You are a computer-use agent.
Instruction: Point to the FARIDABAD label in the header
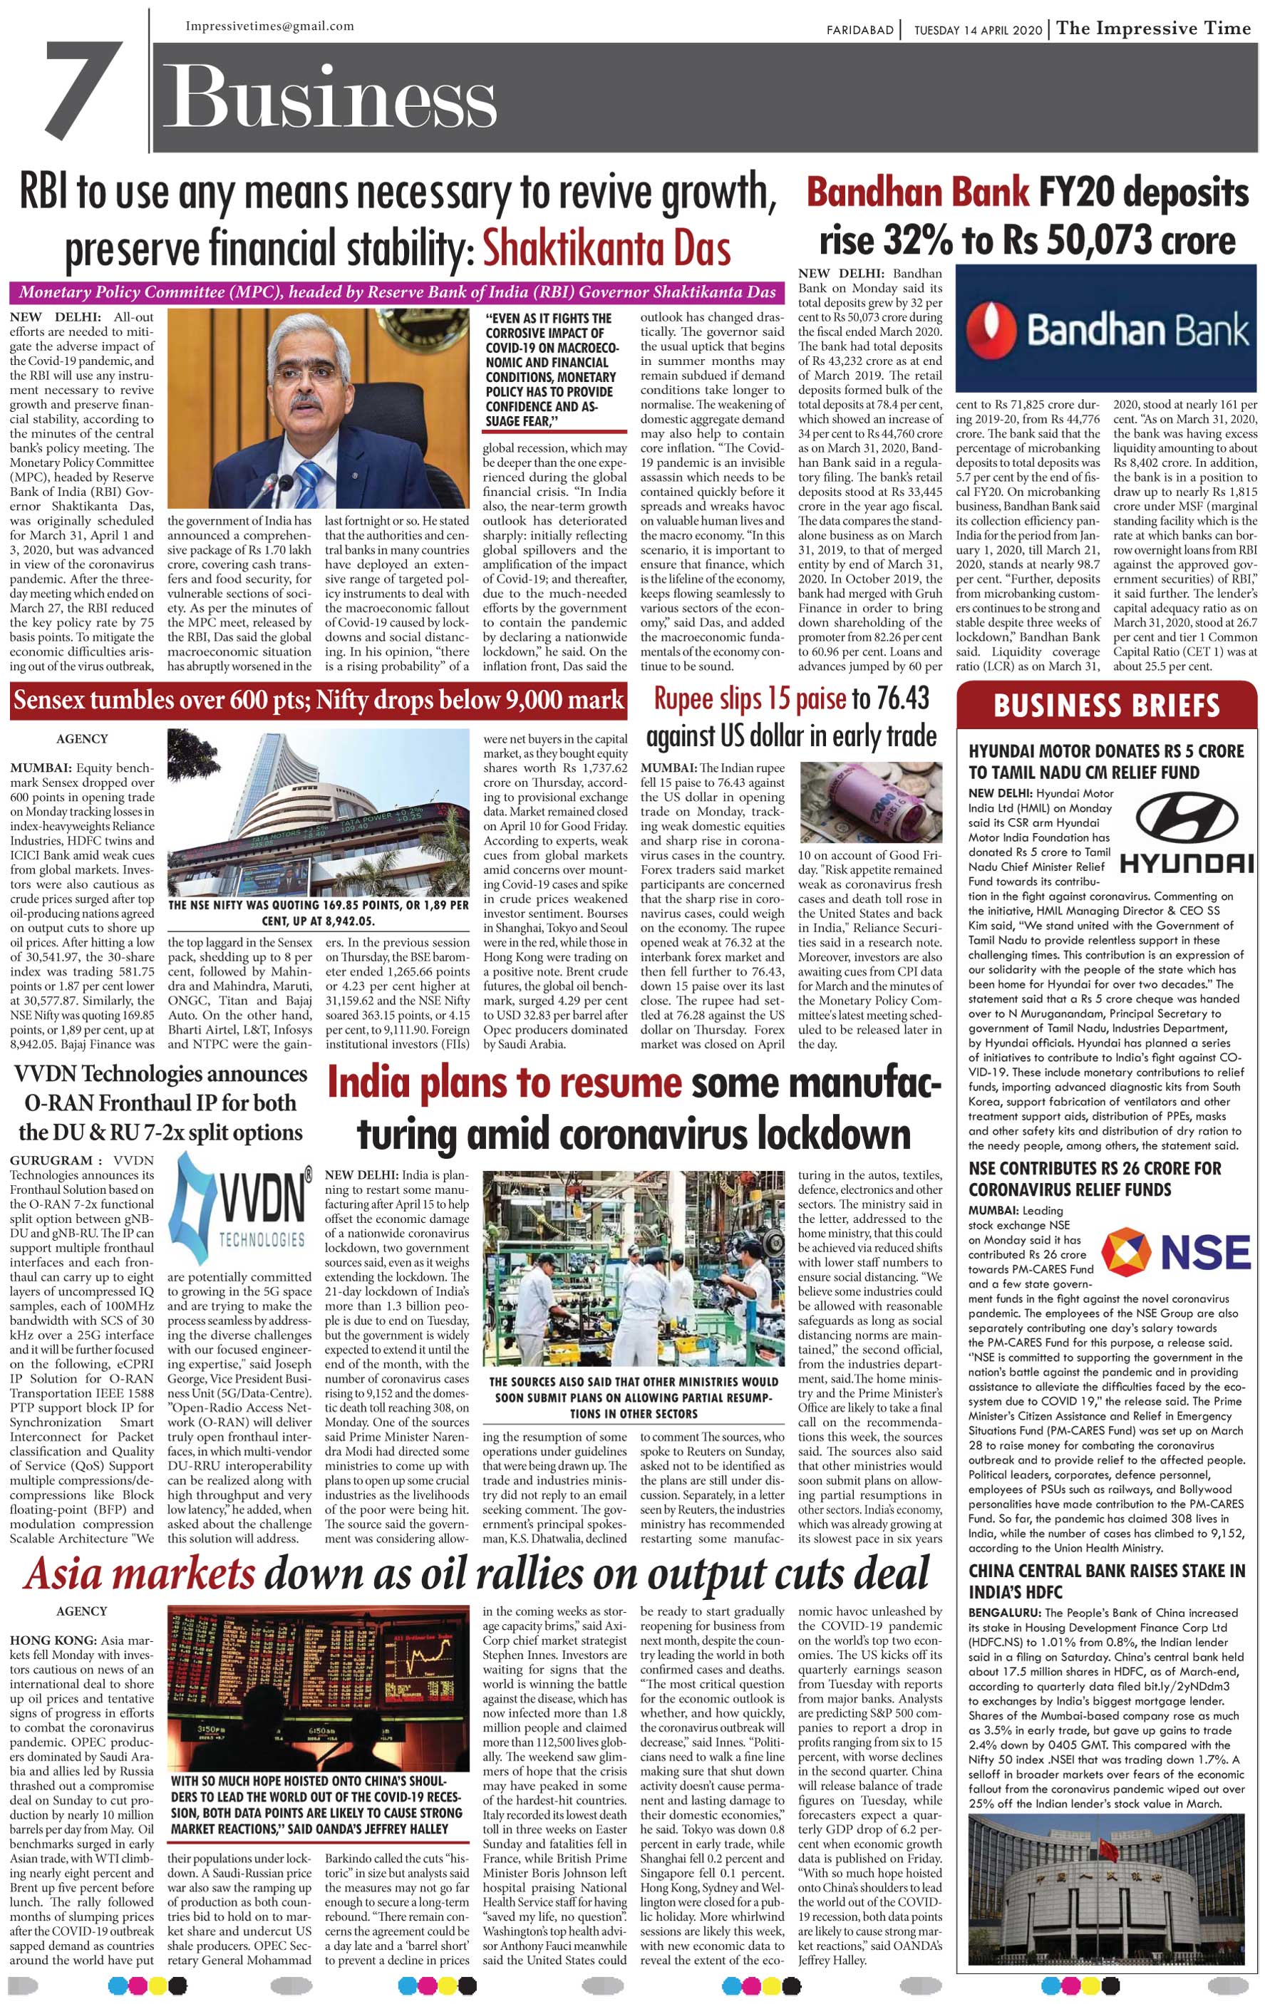point(859,31)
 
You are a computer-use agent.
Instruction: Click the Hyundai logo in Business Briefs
point(1185,830)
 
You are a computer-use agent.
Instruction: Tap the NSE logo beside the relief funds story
point(1175,1251)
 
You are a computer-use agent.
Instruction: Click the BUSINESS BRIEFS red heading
point(1106,706)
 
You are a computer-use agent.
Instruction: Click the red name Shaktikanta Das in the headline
point(606,248)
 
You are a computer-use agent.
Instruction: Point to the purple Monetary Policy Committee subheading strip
point(396,292)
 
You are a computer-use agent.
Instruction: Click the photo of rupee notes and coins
point(870,802)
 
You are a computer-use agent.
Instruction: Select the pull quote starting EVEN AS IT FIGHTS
point(551,369)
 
